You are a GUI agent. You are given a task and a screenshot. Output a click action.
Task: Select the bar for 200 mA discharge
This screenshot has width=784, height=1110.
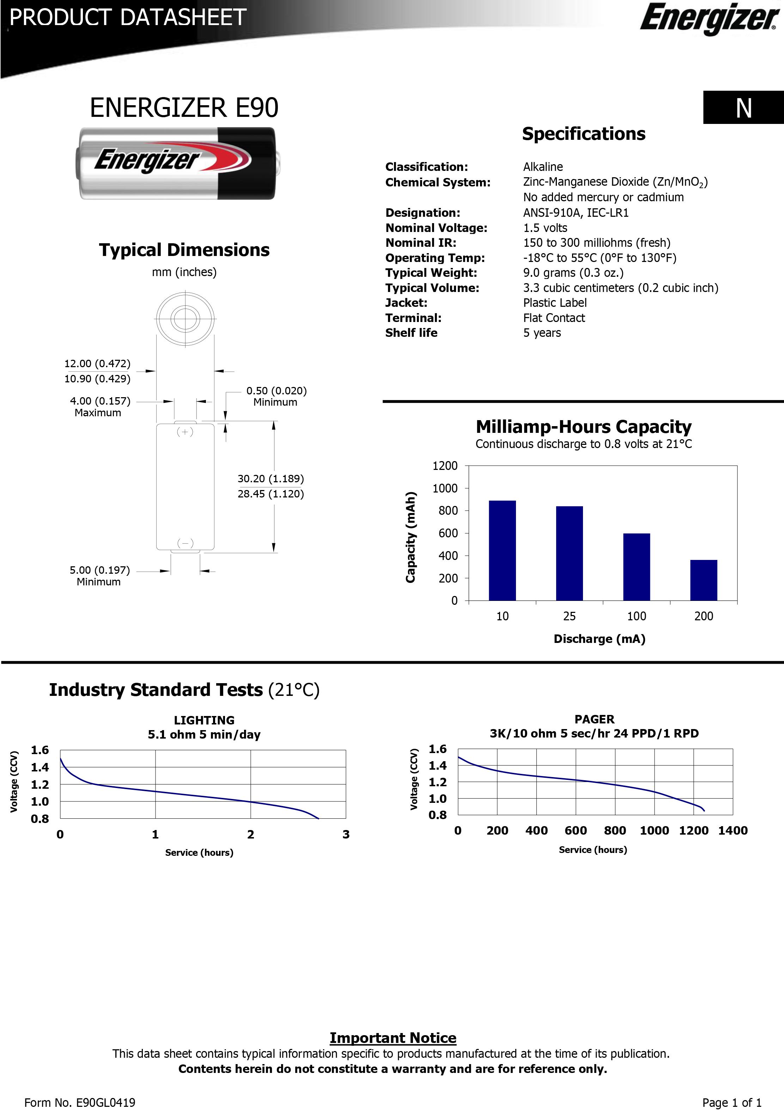pos(703,580)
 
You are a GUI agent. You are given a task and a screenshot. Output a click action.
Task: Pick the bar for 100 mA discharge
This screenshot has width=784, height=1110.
pos(636,567)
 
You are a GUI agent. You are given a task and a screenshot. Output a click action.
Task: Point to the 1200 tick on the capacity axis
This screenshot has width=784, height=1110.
pos(445,466)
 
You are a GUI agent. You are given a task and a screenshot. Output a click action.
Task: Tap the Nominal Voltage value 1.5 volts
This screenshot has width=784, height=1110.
pos(545,228)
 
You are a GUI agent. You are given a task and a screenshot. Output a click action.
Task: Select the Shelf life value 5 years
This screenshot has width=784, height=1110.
pos(542,333)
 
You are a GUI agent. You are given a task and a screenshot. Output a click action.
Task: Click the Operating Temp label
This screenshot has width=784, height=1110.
pos(435,258)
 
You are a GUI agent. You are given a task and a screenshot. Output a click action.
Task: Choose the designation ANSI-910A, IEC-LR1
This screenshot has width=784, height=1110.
pos(576,213)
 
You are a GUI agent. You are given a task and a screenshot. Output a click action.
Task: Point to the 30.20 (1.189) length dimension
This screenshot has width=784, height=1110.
pos(271,479)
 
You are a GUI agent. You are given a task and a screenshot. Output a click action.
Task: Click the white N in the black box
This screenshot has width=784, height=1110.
pos(743,108)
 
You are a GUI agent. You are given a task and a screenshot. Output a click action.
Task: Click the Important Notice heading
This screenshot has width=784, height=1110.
pos(393,1038)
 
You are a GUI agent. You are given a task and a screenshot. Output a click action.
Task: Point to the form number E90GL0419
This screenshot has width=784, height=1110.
pos(80,1102)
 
